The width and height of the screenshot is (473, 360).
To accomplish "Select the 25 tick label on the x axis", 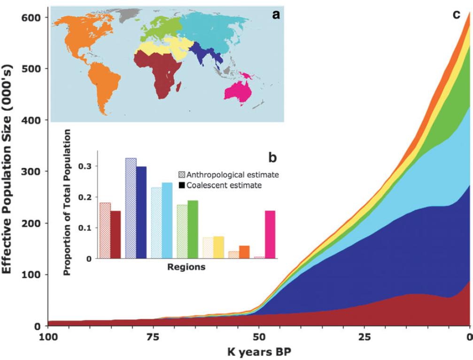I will click(x=364, y=337).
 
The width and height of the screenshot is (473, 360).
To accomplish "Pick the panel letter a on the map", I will click(x=276, y=15).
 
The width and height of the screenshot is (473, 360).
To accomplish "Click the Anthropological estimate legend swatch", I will click(x=182, y=175).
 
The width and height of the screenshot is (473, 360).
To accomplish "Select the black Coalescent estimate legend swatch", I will click(x=182, y=185).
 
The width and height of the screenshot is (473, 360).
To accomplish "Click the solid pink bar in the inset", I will click(x=270, y=235).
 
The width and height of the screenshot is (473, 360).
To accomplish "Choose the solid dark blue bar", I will click(x=141, y=212).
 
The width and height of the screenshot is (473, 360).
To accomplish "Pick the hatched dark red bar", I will click(x=105, y=230).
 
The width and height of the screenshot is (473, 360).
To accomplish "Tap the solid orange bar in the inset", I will click(x=244, y=252).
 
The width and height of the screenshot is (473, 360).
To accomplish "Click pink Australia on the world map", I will click(x=238, y=88).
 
